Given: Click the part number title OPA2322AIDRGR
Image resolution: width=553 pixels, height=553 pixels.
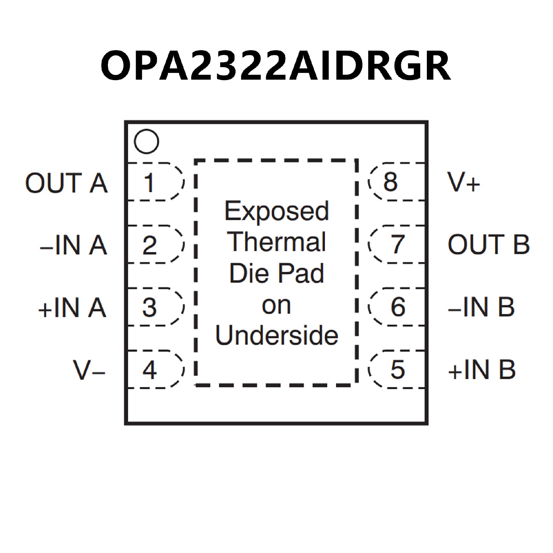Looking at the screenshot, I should tap(276, 66).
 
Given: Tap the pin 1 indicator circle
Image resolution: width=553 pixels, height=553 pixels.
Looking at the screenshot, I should tap(146, 141).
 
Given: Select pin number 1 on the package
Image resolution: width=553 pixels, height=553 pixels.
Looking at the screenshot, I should tap(149, 182).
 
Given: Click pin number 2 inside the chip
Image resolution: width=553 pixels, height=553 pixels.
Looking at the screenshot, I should tap(149, 245).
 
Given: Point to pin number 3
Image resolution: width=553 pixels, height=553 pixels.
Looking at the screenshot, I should tap(149, 307).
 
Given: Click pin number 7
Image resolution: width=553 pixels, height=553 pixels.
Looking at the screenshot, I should tap(398, 245).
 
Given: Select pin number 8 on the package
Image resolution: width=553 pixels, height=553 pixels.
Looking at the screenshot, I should tap(391, 182).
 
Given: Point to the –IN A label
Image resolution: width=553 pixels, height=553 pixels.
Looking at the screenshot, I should tap(74, 245).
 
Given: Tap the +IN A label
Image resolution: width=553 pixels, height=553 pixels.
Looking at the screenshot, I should tap(72, 308).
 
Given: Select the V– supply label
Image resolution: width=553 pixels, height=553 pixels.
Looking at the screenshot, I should tap(89, 370).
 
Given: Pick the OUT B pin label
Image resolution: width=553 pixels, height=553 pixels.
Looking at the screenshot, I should tap(488, 245).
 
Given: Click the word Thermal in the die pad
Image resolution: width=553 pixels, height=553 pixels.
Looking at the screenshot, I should tap(276, 242).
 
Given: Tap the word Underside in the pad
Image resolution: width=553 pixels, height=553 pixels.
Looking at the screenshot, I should tap(277, 336).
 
